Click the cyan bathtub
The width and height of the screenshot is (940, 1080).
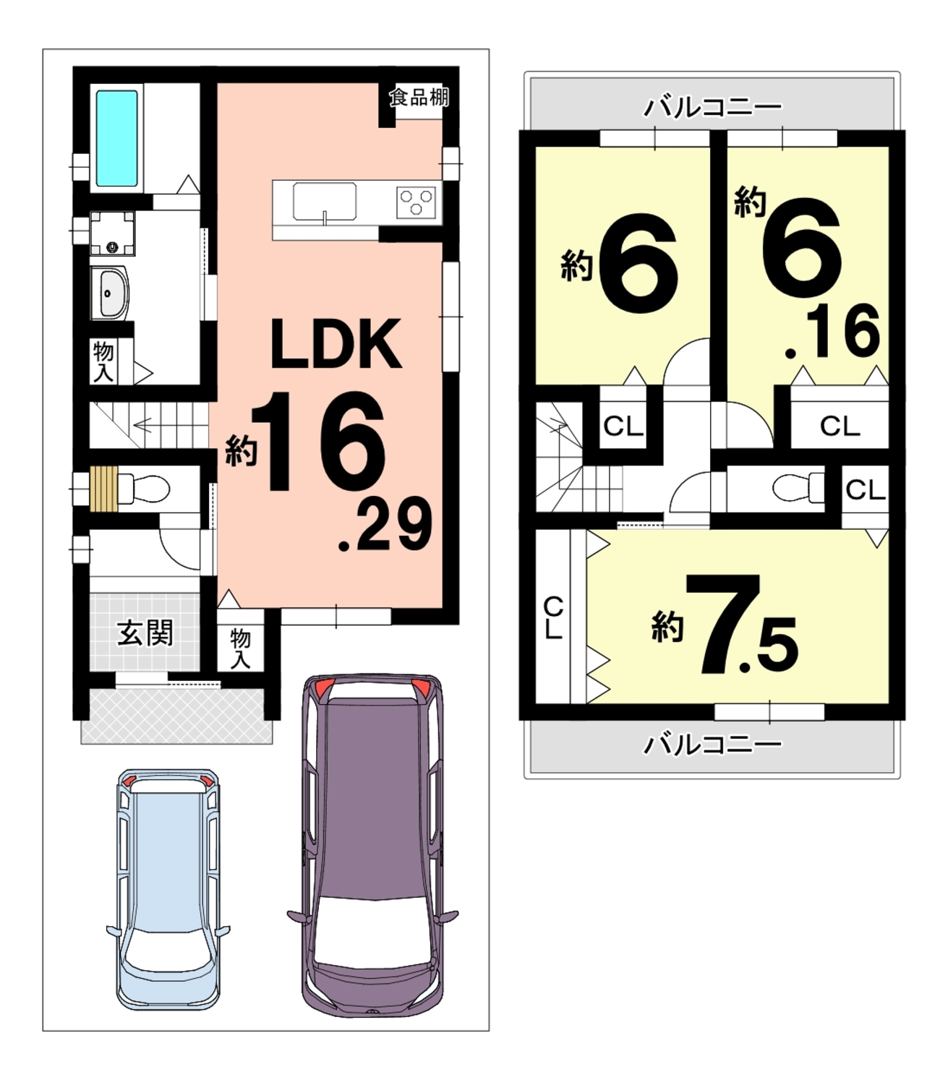[x=116, y=138]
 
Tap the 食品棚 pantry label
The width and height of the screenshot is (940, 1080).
[x=419, y=97]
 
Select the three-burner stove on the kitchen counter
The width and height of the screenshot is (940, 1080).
[x=416, y=202]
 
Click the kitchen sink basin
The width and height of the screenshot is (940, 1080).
[x=324, y=200]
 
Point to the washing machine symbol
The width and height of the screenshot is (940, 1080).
[x=112, y=233]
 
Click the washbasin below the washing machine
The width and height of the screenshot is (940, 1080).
[x=109, y=293]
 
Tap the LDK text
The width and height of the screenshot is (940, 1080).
[x=336, y=344]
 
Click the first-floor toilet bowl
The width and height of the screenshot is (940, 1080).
[x=144, y=489]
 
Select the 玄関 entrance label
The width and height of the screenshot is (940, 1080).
[x=145, y=633]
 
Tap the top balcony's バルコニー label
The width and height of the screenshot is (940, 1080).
[x=712, y=107]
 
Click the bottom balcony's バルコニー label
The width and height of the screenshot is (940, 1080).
[x=712, y=745]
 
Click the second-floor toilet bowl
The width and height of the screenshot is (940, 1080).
[x=798, y=488]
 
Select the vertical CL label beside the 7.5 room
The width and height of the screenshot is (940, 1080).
[x=552, y=617]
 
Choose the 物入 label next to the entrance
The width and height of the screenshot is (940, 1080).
[x=240, y=648]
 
